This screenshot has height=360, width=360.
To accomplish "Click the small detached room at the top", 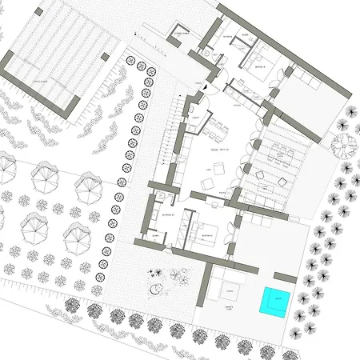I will pyautogui.click(x=182, y=36).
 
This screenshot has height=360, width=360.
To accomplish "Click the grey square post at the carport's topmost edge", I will pyautogui.click(x=105, y=56).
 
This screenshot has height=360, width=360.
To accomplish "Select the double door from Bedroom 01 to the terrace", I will pyautogui.click(x=284, y=72).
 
